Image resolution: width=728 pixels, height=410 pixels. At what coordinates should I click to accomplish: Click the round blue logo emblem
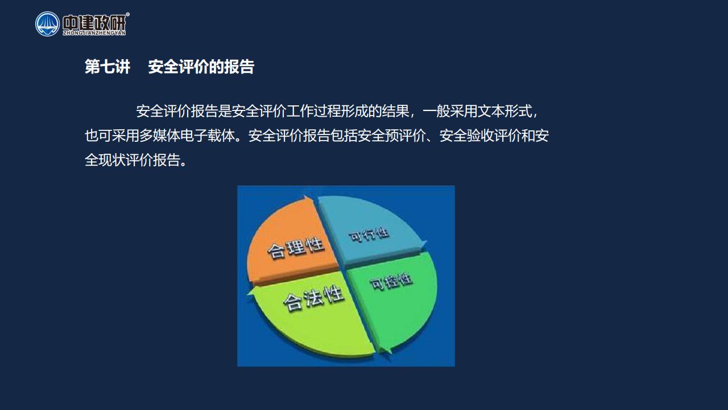point(47,24)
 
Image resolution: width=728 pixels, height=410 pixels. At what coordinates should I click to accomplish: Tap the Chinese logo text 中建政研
point(94,22)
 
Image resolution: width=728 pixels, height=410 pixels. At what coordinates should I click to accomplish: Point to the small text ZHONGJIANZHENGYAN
point(94,33)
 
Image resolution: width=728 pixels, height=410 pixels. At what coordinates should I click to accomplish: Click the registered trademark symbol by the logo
point(127,14)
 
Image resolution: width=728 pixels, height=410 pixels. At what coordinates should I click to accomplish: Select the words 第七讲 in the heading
point(107,67)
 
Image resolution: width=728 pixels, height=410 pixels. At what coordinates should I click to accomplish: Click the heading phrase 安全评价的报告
point(201,67)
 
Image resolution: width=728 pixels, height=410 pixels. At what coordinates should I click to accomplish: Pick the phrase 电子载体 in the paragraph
point(208,136)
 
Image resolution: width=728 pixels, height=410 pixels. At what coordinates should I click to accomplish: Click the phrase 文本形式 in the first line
point(504,111)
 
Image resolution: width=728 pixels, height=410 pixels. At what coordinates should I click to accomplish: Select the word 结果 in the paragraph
point(395,111)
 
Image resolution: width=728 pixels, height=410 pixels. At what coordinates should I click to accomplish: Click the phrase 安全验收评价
point(481,136)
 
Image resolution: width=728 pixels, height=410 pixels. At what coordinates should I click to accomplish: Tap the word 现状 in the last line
point(112,160)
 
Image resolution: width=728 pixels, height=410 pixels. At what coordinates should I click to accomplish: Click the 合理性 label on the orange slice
point(295,248)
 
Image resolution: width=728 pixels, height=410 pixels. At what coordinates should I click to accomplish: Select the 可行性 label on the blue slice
point(369,235)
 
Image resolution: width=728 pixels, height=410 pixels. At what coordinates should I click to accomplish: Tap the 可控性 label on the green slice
point(391,281)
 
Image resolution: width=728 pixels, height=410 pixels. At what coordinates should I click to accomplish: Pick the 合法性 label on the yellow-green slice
point(313,298)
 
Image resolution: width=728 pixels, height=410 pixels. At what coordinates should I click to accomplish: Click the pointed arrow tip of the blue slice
point(427,242)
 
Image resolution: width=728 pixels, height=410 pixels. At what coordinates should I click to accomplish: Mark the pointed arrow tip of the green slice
point(387,353)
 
